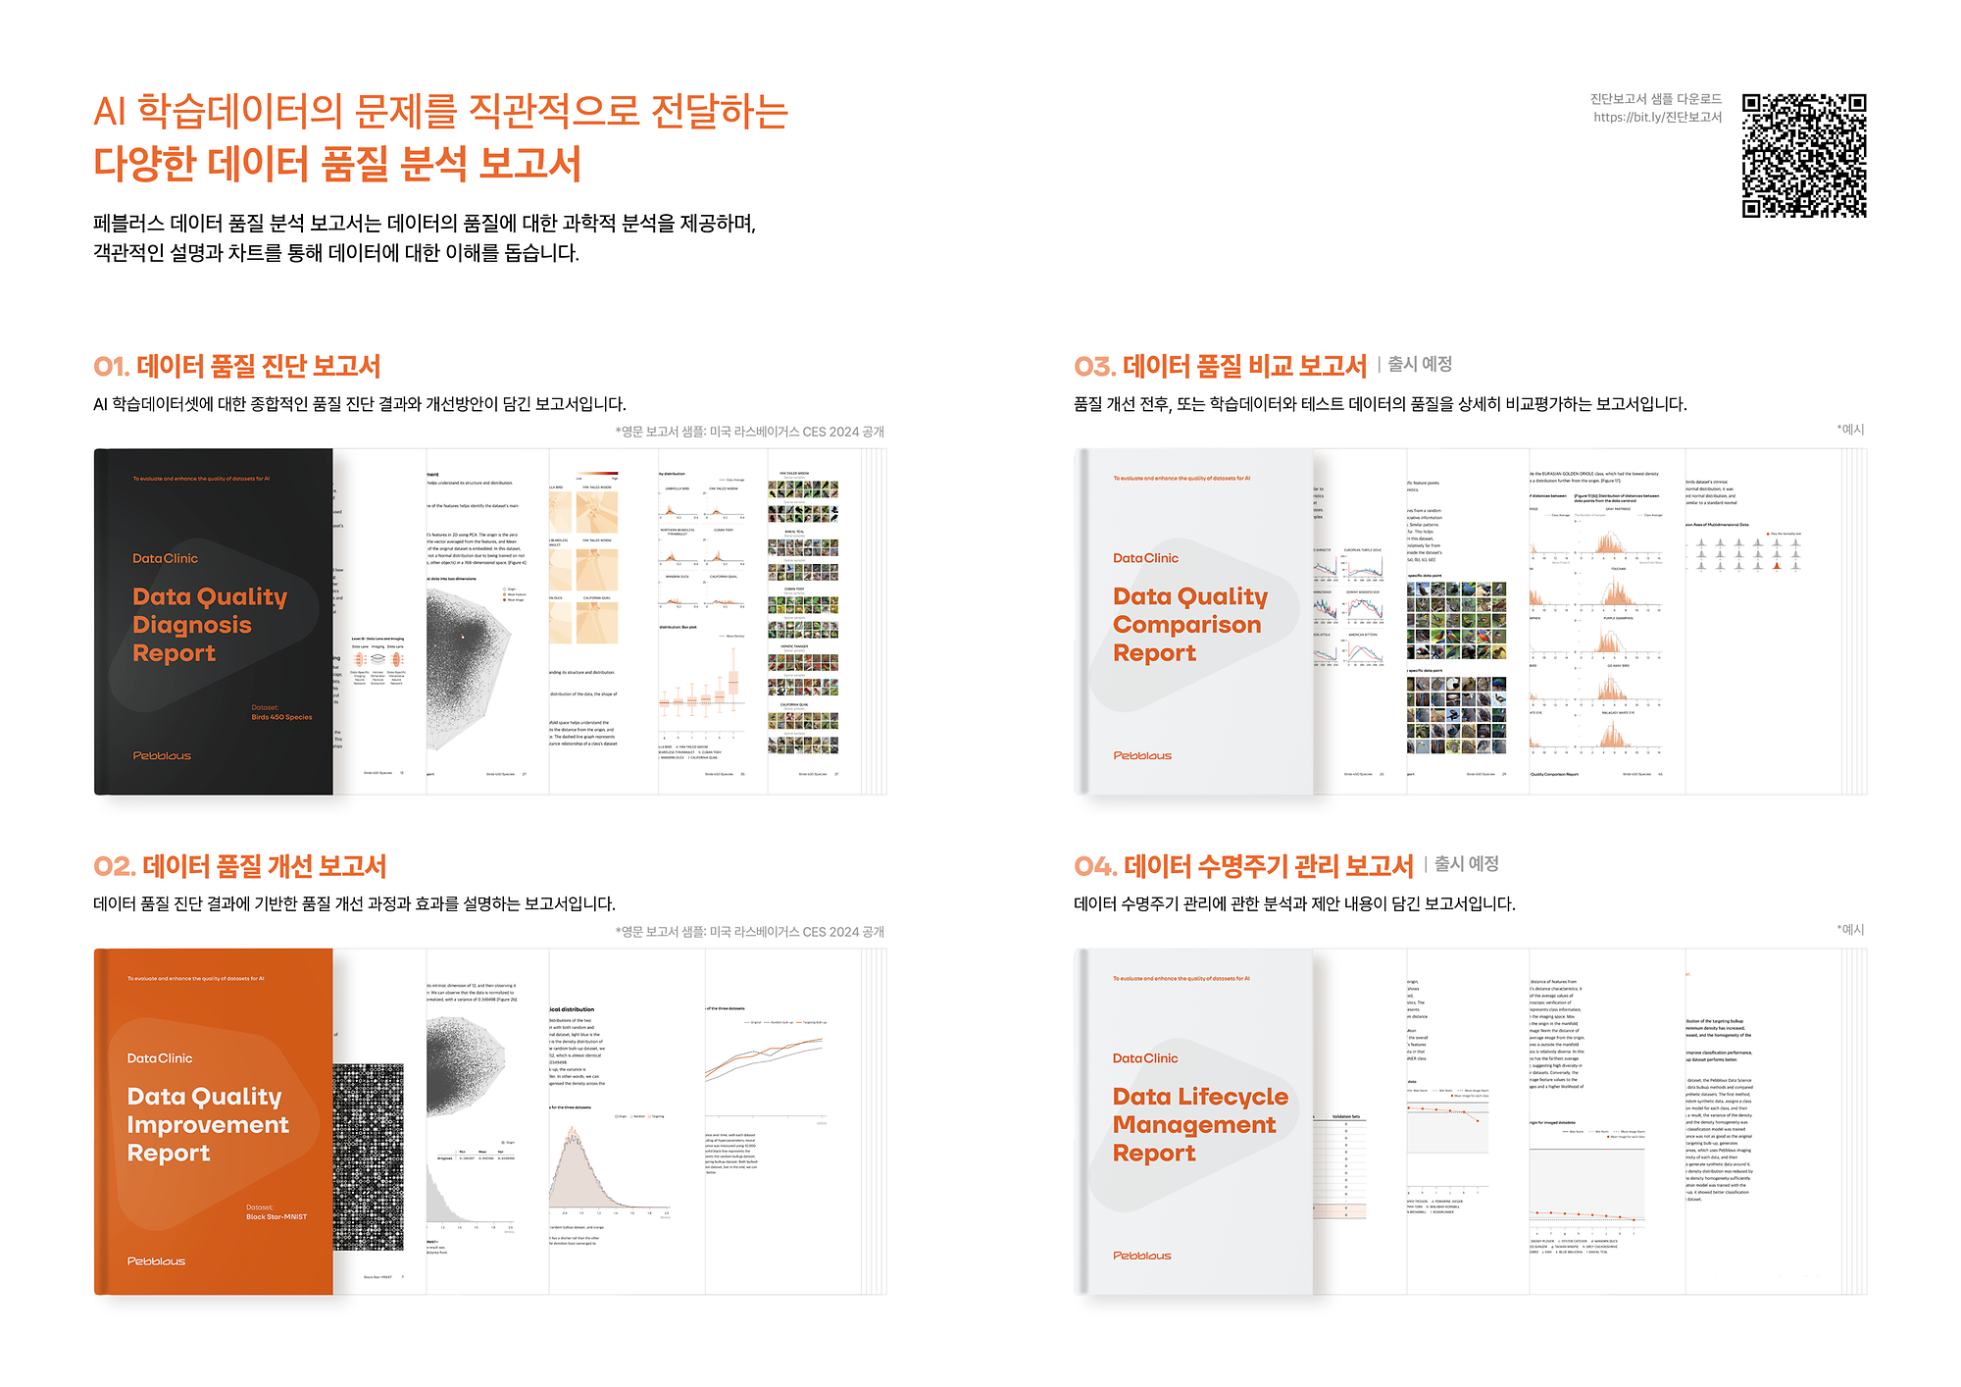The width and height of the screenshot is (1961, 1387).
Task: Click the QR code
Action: pos(1803,155)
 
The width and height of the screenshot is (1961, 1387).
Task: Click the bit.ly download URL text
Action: pos(1657,118)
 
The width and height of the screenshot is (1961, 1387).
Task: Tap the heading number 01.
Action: pos(111,367)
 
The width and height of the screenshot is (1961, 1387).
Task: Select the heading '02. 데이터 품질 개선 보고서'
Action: pos(240,866)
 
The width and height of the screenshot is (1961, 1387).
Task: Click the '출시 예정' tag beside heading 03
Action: pos(1419,364)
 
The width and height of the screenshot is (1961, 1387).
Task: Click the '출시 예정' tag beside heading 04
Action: pos(1466,864)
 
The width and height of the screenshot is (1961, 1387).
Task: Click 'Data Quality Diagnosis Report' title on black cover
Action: pos(209,625)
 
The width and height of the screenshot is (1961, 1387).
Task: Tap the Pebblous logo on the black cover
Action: pos(162,755)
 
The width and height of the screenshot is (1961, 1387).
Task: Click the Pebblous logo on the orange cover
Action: pos(156,1260)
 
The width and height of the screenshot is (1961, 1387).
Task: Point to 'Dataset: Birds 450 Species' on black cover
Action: pos(280,712)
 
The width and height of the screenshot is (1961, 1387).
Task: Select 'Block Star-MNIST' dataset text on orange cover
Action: pos(276,1216)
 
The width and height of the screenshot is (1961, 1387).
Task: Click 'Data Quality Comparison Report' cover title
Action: pos(1189,625)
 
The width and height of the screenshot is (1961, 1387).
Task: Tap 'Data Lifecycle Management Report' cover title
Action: pos(1199,1124)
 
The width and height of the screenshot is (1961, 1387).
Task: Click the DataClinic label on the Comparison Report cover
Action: pos(1145,558)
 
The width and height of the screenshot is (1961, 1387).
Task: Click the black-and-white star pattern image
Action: pos(368,1156)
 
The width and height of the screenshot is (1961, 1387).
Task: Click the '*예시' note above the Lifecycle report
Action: pos(1850,929)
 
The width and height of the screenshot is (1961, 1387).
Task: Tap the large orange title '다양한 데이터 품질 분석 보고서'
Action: pos(337,164)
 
